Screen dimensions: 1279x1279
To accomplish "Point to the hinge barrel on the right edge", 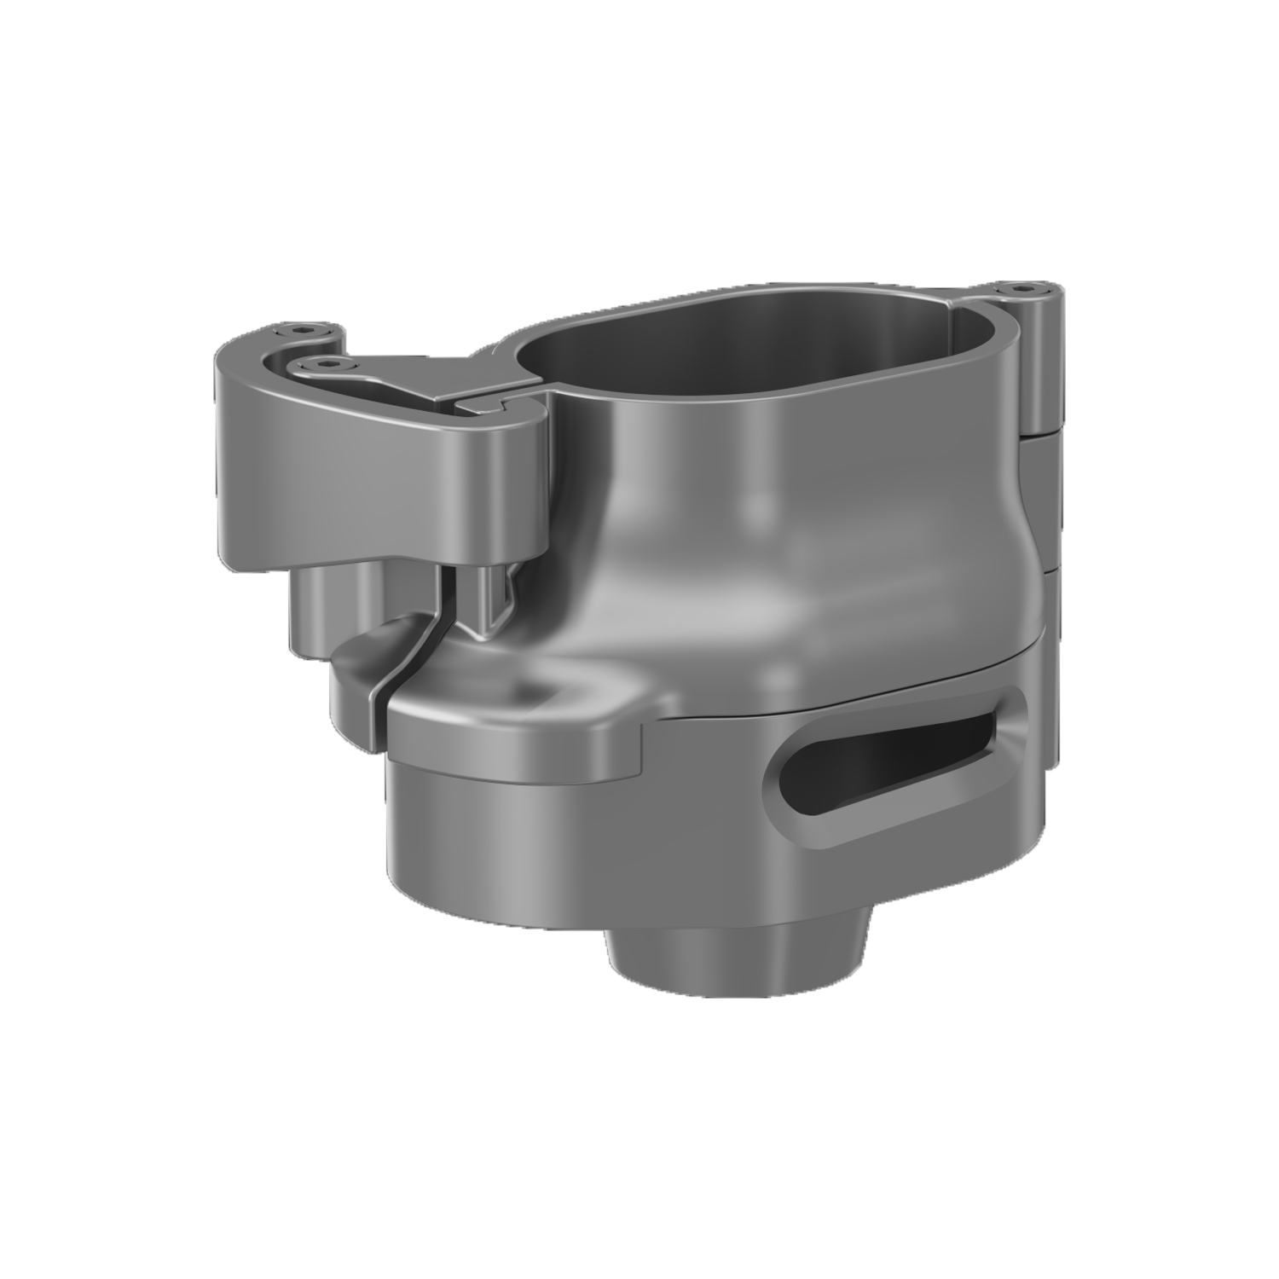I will coord(1040,367).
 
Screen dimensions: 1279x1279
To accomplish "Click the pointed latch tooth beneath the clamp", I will coord(495,605).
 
